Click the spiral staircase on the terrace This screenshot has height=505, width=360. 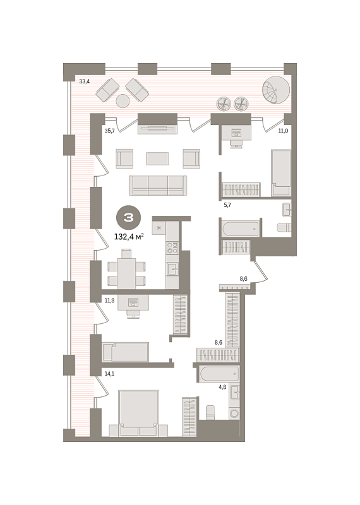pyautogui.click(x=276, y=90)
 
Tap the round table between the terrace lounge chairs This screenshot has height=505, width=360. pyautogui.click(x=123, y=101)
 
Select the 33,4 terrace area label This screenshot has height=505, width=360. pyautogui.click(x=85, y=81)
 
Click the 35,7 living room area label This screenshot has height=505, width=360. pyautogui.click(x=110, y=131)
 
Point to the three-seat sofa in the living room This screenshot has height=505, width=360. pyautogui.click(x=158, y=185)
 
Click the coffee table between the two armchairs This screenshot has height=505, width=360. pyautogui.click(x=158, y=158)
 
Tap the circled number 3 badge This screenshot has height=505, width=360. pyautogui.click(x=128, y=218)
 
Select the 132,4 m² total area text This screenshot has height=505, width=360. pyautogui.click(x=129, y=237)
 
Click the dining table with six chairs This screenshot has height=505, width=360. pyautogui.click(x=126, y=270)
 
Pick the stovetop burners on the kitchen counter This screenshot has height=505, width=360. pyautogui.click(x=172, y=247)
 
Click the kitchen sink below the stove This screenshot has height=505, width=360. pyautogui.click(x=172, y=269)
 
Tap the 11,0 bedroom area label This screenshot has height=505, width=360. pyautogui.click(x=283, y=131)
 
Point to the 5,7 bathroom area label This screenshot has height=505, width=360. pyautogui.click(x=227, y=205)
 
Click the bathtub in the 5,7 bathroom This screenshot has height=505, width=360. pyautogui.click(x=241, y=229)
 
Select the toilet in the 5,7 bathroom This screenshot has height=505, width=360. pyautogui.click(x=284, y=227)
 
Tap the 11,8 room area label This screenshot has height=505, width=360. pyautogui.click(x=110, y=301)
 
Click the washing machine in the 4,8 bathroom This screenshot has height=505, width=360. pyautogui.click(x=234, y=413)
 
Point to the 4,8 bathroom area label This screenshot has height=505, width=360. pyautogui.click(x=222, y=387)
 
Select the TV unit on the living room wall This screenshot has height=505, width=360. pyautogui.click(x=158, y=129)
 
